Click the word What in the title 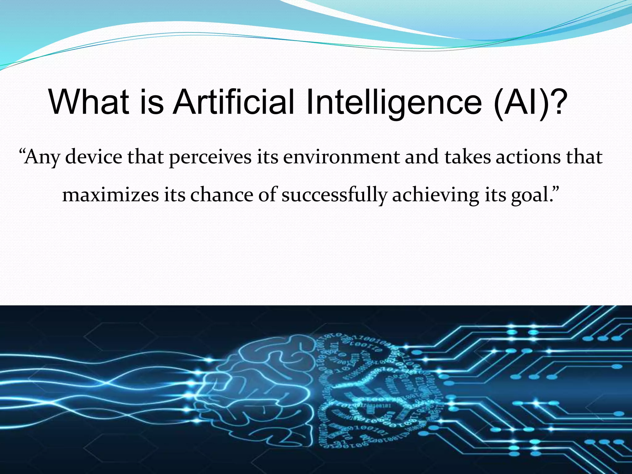[x=89, y=102]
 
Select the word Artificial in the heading [x=234, y=102]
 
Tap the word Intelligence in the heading [x=394, y=102]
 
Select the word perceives [x=210, y=157]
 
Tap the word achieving [x=435, y=195]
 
